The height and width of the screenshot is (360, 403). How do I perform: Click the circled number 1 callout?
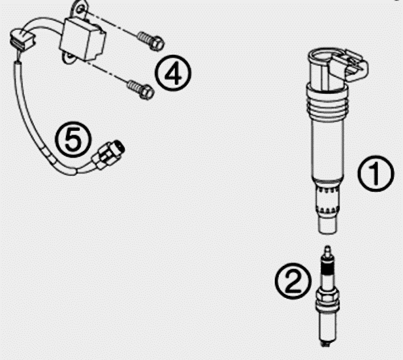[x=376, y=173]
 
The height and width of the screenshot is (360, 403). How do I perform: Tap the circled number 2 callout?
[x=293, y=280]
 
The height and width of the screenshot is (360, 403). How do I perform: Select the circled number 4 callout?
[x=173, y=73]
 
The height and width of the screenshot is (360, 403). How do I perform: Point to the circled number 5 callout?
[x=73, y=139]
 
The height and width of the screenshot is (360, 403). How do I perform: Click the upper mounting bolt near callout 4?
[x=151, y=41]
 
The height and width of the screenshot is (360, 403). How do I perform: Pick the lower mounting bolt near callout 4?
[x=141, y=90]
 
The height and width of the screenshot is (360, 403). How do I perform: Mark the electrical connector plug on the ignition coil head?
[x=350, y=65]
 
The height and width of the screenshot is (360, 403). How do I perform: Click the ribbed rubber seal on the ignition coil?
[x=327, y=103]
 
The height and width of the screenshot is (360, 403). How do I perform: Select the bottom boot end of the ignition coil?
[x=327, y=225]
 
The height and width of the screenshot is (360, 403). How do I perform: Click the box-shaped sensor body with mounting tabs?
[x=82, y=39]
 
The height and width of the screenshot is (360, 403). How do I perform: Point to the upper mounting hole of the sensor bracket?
[x=80, y=10]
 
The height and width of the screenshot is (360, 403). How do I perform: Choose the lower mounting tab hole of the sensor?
[x=69, y=56]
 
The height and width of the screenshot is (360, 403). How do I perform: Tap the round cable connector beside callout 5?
[x=108, y=155]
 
